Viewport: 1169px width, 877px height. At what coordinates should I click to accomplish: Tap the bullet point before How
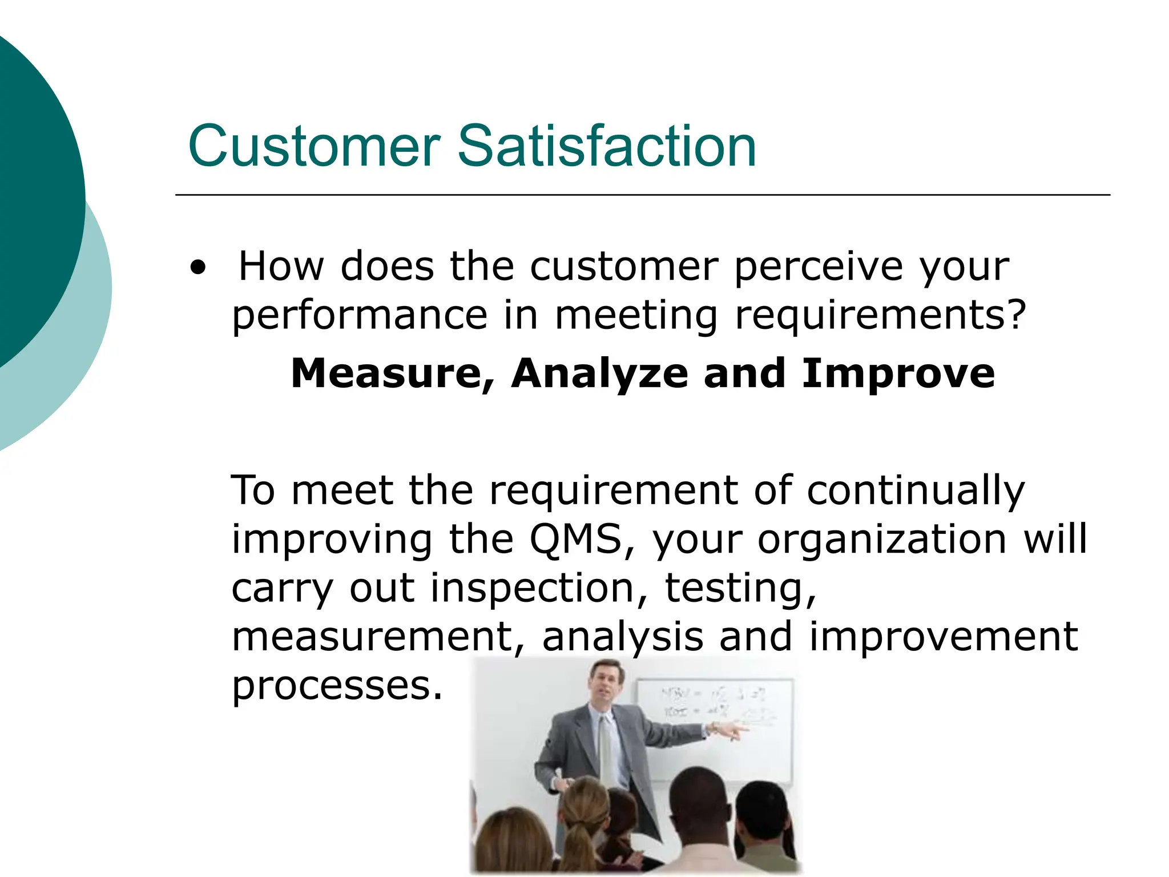coord(197,267)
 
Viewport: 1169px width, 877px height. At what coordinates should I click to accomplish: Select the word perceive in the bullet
coord(819,267)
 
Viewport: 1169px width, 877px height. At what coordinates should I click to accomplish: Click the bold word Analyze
coord(599,373)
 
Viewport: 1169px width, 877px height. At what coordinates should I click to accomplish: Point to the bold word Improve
coord(898,373)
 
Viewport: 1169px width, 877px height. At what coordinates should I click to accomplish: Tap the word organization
coord(882,540)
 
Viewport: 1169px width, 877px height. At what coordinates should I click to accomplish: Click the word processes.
coord(337,685)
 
